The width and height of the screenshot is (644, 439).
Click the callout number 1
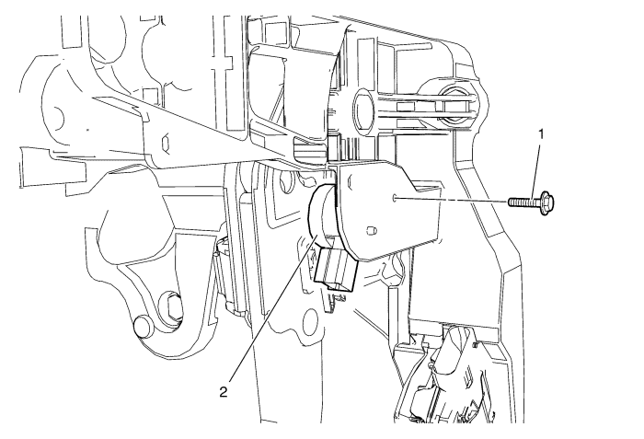point(541,134)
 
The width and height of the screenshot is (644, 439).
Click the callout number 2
point(224,392)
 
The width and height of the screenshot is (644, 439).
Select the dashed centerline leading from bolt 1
point(450,201)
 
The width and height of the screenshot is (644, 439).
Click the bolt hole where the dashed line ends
point(395,198)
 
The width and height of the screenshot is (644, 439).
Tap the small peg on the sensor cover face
point(371,230)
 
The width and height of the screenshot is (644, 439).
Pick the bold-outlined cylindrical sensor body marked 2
point(324,214)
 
